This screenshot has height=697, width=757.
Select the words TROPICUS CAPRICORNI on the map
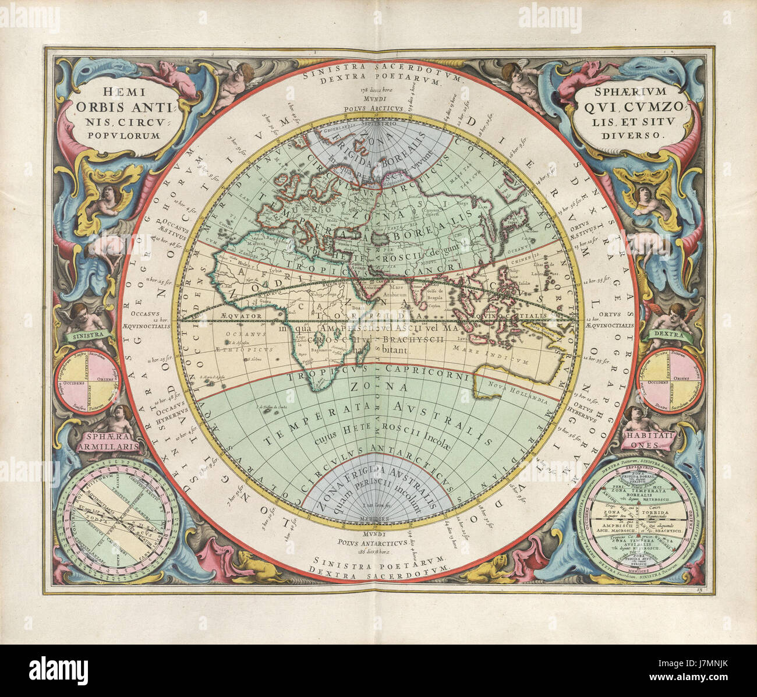(378, 377)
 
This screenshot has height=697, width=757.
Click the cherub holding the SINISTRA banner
(83, 317)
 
